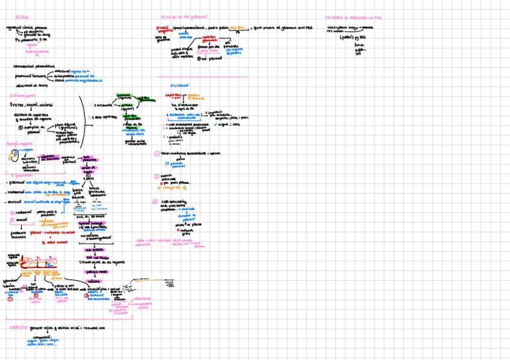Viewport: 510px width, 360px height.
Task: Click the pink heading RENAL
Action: click(x=22, y=17)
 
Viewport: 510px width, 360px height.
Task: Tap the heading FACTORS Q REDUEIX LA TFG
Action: click(x=354, y=18)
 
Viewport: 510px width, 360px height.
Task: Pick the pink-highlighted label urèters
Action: click(x=93, y=281)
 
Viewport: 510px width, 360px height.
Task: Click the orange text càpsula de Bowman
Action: click(x=195, y=96)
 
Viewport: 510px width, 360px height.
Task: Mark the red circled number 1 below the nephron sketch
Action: click(x=10, y=298)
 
